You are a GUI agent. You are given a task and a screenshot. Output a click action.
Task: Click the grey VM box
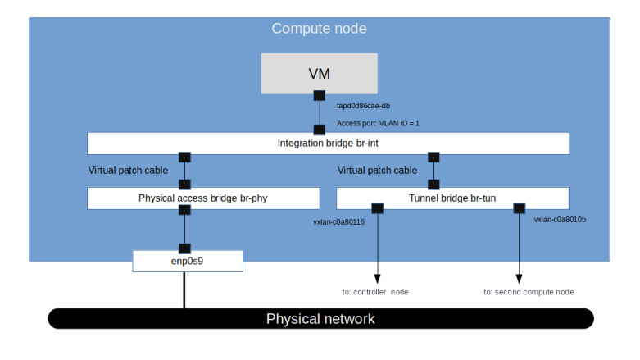(319, 74)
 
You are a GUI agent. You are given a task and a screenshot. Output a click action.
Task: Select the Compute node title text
(319, 29)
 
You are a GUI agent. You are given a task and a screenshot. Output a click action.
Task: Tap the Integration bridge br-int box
(328, 144)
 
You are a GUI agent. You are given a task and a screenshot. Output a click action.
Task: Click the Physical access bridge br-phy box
(203, 198)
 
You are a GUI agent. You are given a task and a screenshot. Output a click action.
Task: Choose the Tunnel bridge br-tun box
(452, 198)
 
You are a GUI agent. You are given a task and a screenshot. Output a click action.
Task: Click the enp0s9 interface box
(188, 262)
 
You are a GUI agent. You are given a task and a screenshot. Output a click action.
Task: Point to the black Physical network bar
(320, 319)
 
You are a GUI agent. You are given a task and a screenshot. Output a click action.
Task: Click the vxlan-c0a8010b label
(560, 221)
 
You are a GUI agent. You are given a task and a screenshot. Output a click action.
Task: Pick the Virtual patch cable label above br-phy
(128, 171)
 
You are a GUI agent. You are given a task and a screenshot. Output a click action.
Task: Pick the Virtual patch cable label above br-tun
(378, 171)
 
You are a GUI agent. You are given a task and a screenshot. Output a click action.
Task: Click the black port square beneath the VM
(319, 95)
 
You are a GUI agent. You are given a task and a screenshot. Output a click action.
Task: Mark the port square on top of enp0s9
(184, 248)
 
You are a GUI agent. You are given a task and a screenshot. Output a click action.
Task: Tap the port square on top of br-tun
(433, 185)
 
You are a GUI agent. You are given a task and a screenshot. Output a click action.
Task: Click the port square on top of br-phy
(184, 185)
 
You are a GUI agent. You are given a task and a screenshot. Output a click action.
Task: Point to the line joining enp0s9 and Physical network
(184, 289)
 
